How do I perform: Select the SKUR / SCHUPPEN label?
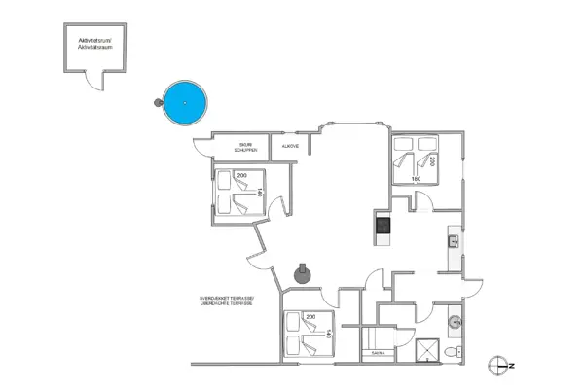tap(244, 149)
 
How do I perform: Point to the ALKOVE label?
tap(290, 147)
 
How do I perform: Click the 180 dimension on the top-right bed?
tap(416, 179)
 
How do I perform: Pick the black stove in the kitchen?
tap(382, 226)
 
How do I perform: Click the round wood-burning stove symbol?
tap(304, 272)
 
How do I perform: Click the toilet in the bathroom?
tap(451, 349)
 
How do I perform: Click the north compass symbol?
tap(501, 365)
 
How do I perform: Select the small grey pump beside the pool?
tap(158, 102)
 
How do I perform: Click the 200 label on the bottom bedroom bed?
tap(310, 318)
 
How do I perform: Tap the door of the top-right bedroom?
tap(421, 201)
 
